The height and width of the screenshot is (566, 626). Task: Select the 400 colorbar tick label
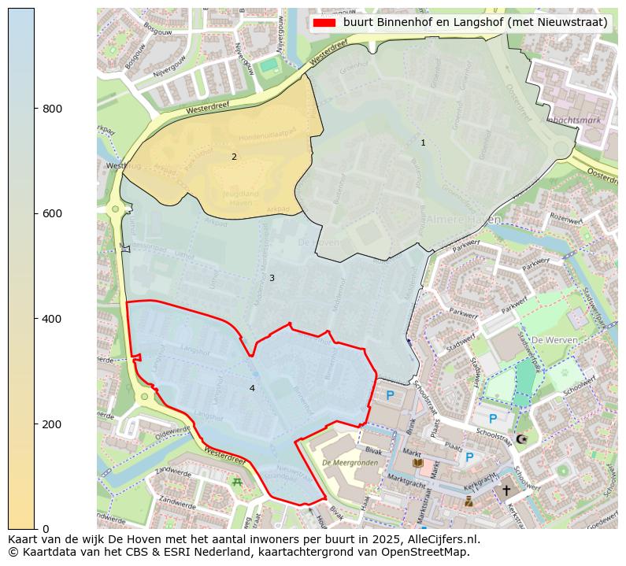point(52,319)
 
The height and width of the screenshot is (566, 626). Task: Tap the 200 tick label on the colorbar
point(52,424)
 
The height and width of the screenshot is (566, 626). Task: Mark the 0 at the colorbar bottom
point(45,529)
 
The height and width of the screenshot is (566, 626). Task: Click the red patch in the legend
point(324,23)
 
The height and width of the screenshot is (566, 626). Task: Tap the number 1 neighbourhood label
point(423,142)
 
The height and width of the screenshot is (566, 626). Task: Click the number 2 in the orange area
point(234,157)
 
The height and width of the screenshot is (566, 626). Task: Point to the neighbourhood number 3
point(272,278)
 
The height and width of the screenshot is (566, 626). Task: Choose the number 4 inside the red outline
point(252,388)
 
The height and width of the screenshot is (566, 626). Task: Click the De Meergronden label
point(350,463)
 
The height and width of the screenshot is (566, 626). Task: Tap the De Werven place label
point(554,340)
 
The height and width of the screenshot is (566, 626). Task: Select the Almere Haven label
point(464,220)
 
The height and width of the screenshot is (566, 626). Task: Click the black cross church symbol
point(506,490)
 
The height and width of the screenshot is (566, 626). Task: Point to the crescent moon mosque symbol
point(520,438)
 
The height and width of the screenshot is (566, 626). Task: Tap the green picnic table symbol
point(237,482)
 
